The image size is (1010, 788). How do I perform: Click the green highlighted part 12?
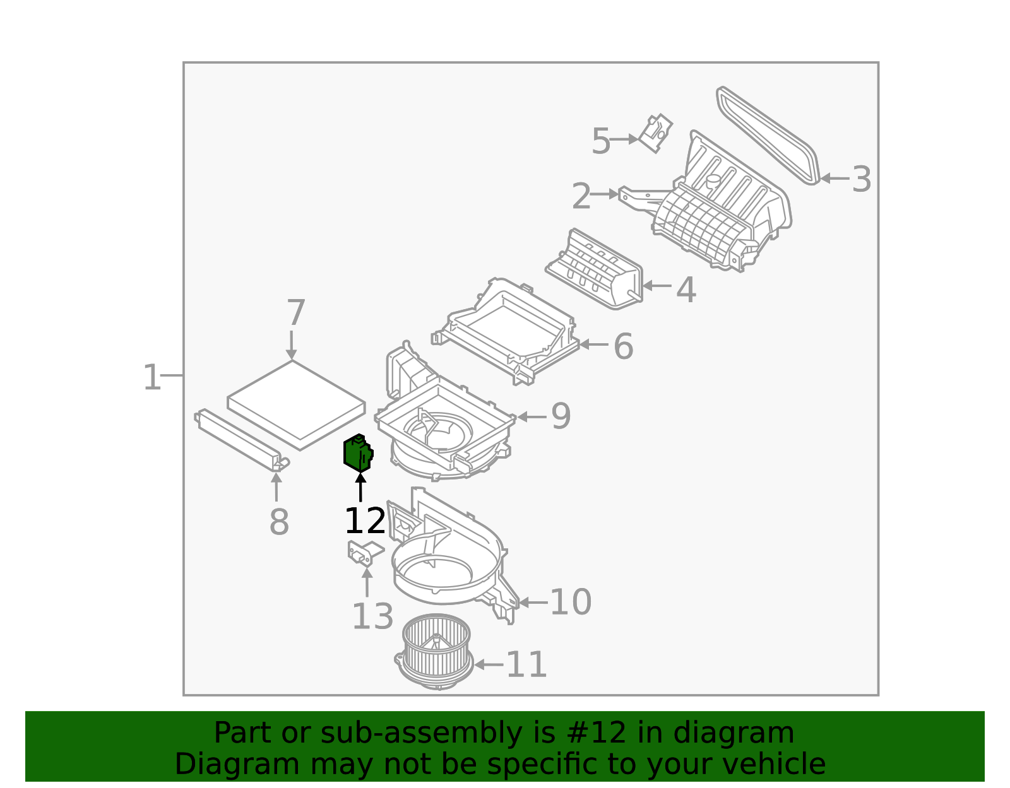pyautogui.click(x=357, y=454)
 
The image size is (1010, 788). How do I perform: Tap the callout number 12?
pyautogui.click(x=365, y=521)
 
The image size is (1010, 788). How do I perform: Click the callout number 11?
pyautogui.click(x=526, y=664)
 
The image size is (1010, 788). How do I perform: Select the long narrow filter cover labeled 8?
pyautogui.click(x=240, y=440)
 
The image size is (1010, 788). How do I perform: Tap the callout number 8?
pyautogui.click(x=279, y=522)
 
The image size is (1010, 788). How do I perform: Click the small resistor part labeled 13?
pyautogui.click(x=364, y=553)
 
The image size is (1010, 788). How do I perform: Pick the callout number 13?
pyautogui.click(x=372, y=616)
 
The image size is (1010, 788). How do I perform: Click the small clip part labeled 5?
pyautogui.click(x=656, y=133)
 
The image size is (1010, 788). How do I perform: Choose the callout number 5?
pyautogui.click(x=601, y=141)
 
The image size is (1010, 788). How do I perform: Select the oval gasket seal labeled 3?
pyautogui.click(x=768, y=136)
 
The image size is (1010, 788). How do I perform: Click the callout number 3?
pyautogui.click(x=861, y=179)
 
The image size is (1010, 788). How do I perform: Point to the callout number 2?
pyautogui.click(x=581, y=196)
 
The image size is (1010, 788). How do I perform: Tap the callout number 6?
pyautogui.click(x=623, y=346)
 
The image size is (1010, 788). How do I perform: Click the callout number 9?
pyautogui.click(x=561, y=416)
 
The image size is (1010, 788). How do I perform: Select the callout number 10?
pyautogui.click(x=570, y=602)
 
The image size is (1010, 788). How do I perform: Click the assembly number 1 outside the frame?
pyautogui.click(x=152, y=377)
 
